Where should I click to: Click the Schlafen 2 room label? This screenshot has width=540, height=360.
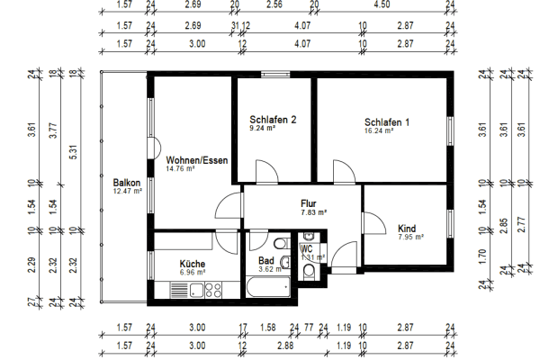click(x=274, y=119)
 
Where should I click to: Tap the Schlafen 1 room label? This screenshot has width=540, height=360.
click(x=387, y=122)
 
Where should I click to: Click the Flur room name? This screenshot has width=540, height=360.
click(x=310, y=203)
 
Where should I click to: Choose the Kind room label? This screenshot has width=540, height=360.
click(x=407, y=229)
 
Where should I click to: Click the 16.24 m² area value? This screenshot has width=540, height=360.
click(x=382, y=130)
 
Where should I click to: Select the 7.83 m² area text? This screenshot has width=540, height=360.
click(x=314, y=212)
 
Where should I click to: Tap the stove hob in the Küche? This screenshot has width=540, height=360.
click(x=213, y=289)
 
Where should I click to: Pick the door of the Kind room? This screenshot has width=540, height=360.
click(x=371, y=225)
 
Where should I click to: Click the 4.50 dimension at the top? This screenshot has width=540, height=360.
click(x=382, y=4)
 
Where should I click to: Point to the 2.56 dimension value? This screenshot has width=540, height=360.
click(x=274, y=4)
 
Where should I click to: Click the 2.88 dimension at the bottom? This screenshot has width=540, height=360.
click(x=286, y=345)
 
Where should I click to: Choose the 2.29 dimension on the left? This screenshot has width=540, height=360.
click(x=31, y=265)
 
